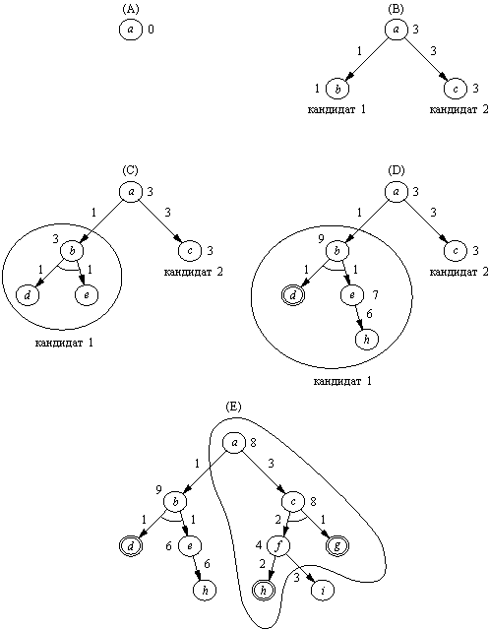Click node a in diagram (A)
click(x=131, y=30)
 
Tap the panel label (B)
click(x=396, y=9)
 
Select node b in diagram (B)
click(x=337, y=89)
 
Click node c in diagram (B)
click(x=456, y=89)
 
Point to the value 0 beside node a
click(x=151, y=30)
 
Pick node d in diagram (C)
click(x=28, y=295)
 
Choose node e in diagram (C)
click(x=87, y=295)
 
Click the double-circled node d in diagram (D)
click(x=293, y=295)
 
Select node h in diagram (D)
click(x=367, y=340)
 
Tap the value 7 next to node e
click(x=375, y=295)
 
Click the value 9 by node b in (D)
click(x=321, y=239)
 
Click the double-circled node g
click(x=337, y=545)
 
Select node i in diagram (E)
click(x=323, y=590)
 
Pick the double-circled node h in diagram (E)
click(x=264, y=590)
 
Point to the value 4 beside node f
click(x=259, y=545)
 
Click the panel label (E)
click(x=233, y=407)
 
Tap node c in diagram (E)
click(x=293, y=501)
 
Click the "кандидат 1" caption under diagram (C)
click(x=64, y=343)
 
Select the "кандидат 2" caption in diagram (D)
click(x=458, y=272)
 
